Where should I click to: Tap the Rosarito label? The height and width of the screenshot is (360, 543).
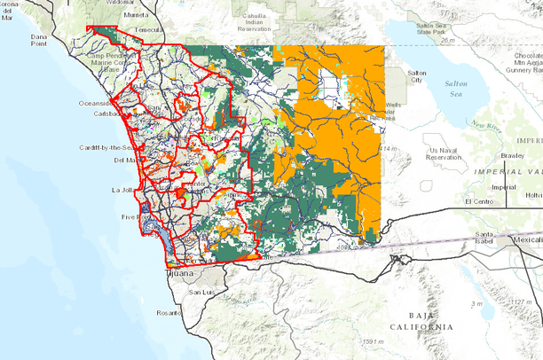coord(169,313)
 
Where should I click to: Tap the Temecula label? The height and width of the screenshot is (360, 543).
coord(150,29)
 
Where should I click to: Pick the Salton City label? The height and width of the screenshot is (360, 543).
coord(416,76)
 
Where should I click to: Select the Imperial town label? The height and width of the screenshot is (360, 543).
coord(503,187)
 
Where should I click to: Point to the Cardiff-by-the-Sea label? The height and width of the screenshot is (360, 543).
coord(107,147)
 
